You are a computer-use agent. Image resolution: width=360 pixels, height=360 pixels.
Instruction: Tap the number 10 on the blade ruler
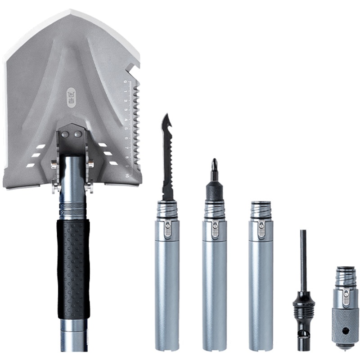tap(127, 175)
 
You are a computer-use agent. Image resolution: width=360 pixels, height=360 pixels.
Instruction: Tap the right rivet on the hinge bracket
tap(77, 134)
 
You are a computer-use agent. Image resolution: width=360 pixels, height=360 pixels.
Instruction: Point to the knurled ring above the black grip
tap(72, 208)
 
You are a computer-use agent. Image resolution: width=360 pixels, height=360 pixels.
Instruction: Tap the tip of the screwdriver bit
tap(214, 161)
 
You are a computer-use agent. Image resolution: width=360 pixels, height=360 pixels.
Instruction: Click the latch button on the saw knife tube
tap(168, 229)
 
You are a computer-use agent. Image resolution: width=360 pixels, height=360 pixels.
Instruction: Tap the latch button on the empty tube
tap(261, 229)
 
